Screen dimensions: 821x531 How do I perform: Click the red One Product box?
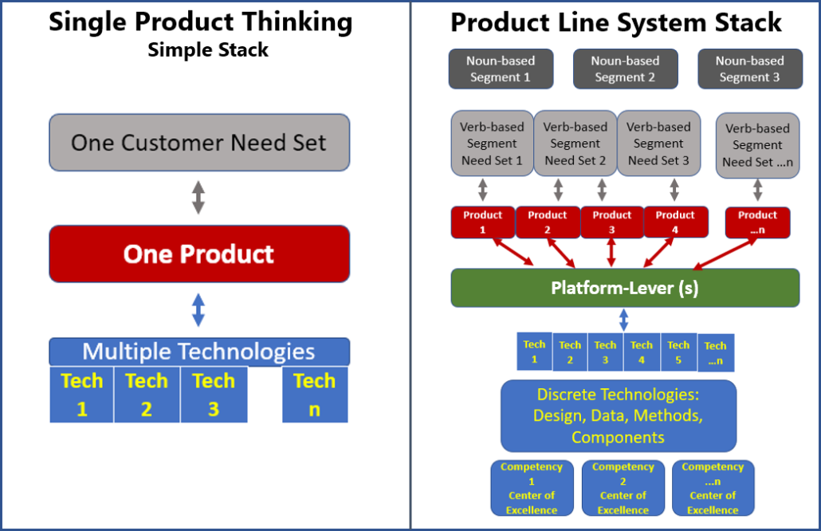(x=199, y=254)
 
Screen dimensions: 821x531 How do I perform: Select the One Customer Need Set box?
(x=199, y=143)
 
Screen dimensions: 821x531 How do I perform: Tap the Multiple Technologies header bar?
(x=199, y=352)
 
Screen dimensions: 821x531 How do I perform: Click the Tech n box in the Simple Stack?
(x=315, y=395)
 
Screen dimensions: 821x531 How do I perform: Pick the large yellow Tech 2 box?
(x=147, y=395)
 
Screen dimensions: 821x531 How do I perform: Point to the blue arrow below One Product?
(x=198, y=310)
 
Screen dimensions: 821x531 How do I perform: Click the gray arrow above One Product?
(x=198, y=198)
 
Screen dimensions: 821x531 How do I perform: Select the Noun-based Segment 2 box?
(x=626, y=69)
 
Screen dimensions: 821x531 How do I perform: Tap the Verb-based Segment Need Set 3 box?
(x=658, y=143)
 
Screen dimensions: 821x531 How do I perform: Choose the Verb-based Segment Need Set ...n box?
(x=758, y=145)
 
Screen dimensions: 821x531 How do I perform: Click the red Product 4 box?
(x=675, y=222)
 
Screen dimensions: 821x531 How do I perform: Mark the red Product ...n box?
(x=758, y=222)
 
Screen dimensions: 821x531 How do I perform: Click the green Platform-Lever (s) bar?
(x=625, y=288)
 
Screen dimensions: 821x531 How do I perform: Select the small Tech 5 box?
(x=678, y=352)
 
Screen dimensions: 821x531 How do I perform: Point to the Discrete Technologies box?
(x=619, y=416)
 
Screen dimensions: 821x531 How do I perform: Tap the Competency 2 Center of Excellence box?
(x=623, y=488)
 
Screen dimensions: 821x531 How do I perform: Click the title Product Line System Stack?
(x=616, y=22)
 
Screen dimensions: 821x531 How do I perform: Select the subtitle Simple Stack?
(x=208, y=49)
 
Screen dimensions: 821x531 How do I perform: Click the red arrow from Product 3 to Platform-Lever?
(x=611, y=253)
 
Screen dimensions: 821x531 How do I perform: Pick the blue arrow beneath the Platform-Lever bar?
(x=623, y=320)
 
